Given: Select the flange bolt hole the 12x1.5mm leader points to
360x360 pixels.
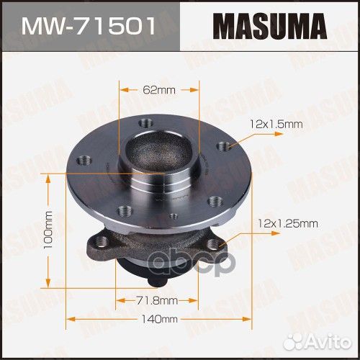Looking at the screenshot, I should click(x=227, y=147).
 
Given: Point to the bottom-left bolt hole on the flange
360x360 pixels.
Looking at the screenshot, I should click(x=125, y=210).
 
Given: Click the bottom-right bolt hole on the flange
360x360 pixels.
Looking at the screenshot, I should click(x=212, y=204).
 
